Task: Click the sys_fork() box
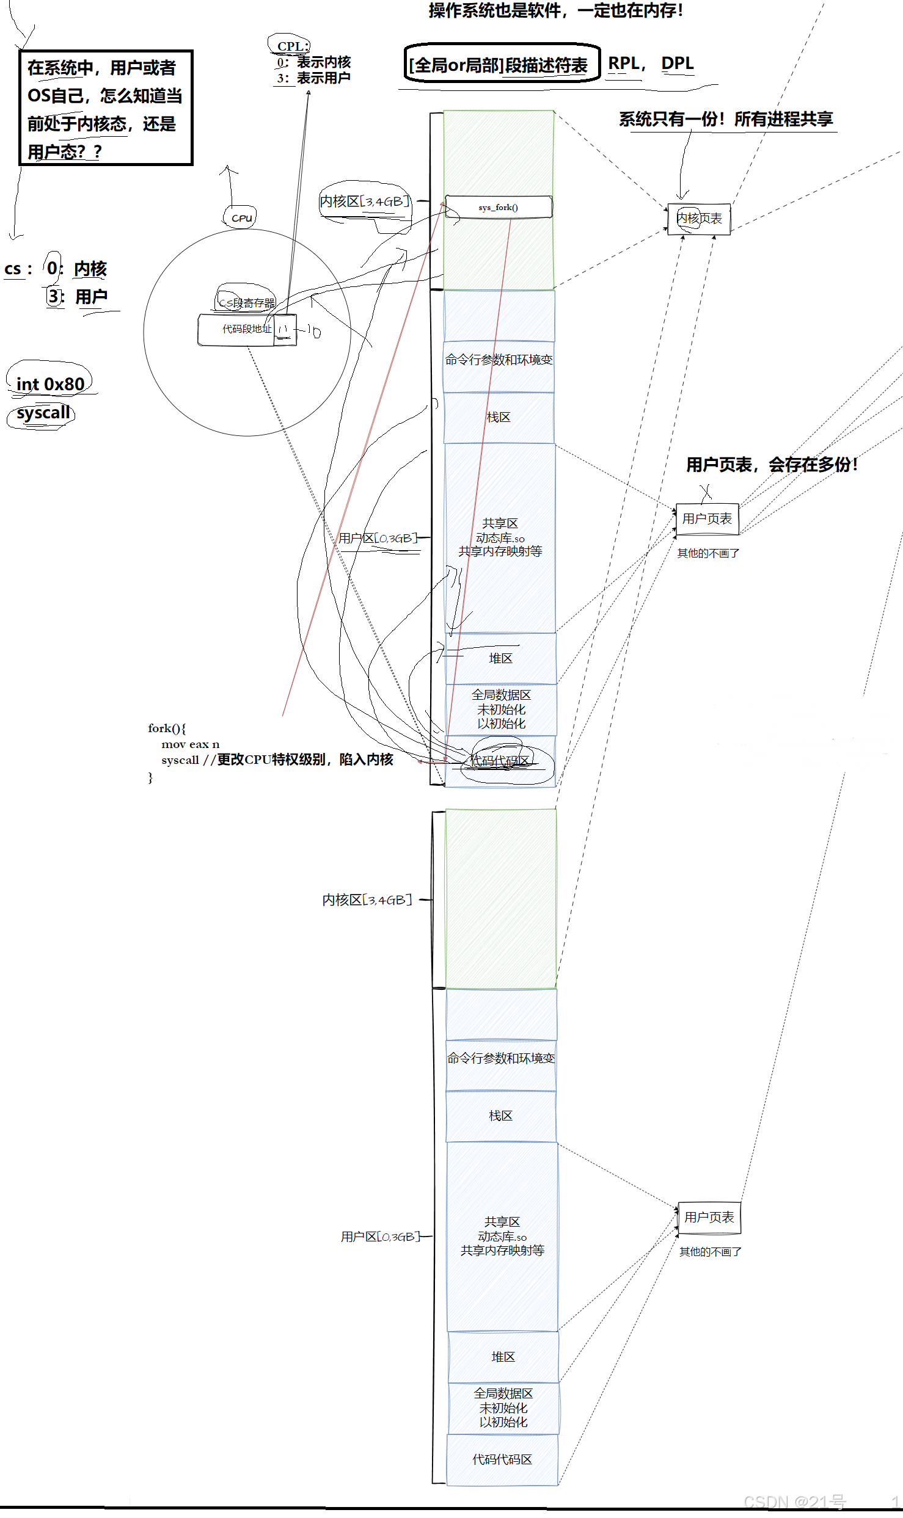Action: pyautogui.click(x=499, y=207)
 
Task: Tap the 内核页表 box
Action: pyautogui.click(x=699, y=219)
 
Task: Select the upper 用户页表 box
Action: pyautogui.click(x=707, y=519)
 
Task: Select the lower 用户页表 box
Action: pyautogui.click(x=709, y=1218)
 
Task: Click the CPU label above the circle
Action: pyautogui.click(x=241, y=218)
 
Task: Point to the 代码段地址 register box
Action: pyautogui.click(x=247, y=330)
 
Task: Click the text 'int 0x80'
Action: pyautogui.click(x=50, y=384)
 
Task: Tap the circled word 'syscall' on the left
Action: pyautogui.click(x=43, y=413)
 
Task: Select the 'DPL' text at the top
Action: pyautogui.click(x=677, y=64)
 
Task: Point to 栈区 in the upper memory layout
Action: pyautogui.click(x=499, y=418)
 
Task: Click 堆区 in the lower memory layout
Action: pyautogui.click(x=503, y=1357)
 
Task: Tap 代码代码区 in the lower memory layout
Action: pyautogui.click(x=502, y=1459)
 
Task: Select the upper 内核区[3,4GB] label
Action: pyautogui.click(x=365, y=202)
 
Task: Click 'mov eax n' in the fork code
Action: pyautogui.click(x=190, y=744)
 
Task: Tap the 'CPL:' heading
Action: pyautogui.click(x=293, y=46)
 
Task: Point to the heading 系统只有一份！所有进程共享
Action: pyautogui.click(x=726, y=119)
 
